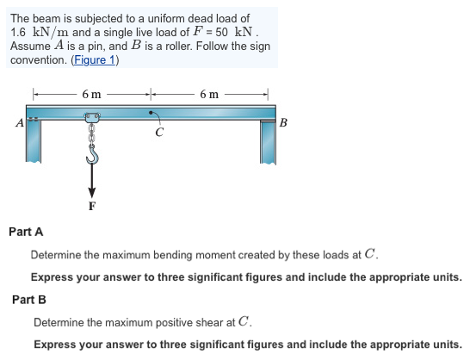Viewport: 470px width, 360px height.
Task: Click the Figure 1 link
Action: (x=94, y=60)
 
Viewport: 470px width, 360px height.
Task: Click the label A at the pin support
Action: (x=19, y=121)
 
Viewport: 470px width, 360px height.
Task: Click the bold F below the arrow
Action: (x=91, y=207)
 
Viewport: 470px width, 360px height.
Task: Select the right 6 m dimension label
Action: (x=209, y=93)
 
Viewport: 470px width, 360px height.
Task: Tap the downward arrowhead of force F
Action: (x=91, y=192)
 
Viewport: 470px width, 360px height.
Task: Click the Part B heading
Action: (x=29, y=299)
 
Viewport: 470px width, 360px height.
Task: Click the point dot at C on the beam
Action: (x=153, y=112)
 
